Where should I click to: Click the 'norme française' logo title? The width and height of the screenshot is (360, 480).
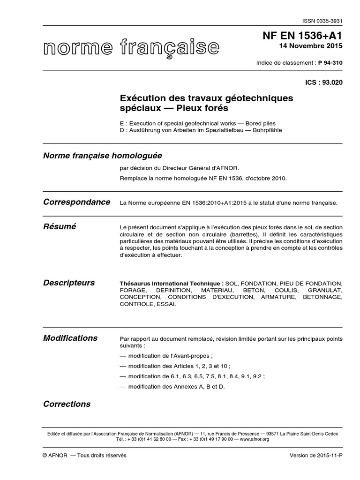pyautogui.click(x=131, y=47)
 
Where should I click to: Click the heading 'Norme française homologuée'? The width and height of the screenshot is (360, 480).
pyautogui.click(x=102, y=156)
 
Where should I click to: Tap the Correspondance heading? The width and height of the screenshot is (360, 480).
pyautogui.click(x=77, y=202)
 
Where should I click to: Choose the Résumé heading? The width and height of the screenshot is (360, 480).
pyautogui.click(x=60, y=226)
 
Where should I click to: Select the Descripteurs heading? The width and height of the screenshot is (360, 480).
pyautogui.click(x=69, y=283)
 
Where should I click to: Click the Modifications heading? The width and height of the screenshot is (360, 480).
pyautogui.click(x=70, y=338)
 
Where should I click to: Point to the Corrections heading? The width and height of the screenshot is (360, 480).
pyautogui.click(x=67, y=404)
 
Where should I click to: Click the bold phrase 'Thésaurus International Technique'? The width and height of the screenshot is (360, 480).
pyautogui.click(x=172, y=284)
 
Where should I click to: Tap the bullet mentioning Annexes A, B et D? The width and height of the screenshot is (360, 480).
pyautogui.click(x=172, y=387)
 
